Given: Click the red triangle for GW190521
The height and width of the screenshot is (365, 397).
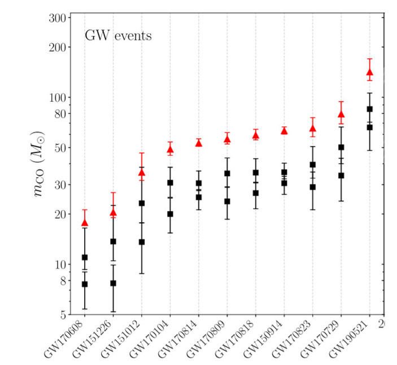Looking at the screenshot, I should [x=369, y=72].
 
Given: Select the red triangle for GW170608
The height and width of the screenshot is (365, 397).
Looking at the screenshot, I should [x=85, y=223].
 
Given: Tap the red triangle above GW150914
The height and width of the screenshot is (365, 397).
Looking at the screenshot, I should [x=284, y=131].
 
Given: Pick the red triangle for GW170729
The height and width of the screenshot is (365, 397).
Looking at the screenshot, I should [x=341, y=115].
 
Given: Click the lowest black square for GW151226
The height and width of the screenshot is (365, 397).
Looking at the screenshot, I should [x=113, y=283].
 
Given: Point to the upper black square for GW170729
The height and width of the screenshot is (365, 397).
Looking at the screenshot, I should [x=341, y=147].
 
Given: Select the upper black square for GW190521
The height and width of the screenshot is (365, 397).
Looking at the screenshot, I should [x=369, y=109].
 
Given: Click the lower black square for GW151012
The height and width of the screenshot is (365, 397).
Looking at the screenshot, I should [x=142, y=242].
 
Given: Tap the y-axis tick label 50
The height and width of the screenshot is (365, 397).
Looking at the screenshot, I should [x=59, y=148].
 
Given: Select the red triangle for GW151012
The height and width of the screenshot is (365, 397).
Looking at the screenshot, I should [x=142, y=173].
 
